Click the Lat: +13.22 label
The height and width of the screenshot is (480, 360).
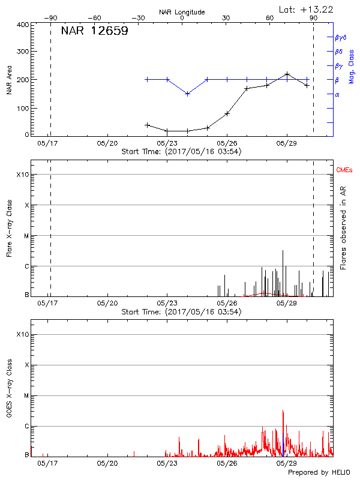[307, 9]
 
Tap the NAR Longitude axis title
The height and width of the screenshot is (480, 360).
[182, 12]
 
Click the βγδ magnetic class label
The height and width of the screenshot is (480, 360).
[340, 37]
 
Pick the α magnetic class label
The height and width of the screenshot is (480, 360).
[337, 94]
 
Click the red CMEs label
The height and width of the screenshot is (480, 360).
[344, 170]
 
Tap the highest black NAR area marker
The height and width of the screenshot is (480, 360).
[287, 74]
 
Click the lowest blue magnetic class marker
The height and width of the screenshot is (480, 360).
[187, 94]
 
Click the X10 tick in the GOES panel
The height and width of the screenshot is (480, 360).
[22, 334]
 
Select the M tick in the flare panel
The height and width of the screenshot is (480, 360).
[26, 236]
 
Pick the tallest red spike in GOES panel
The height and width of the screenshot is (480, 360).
[283, 411]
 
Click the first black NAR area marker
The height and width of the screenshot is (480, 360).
[148, 125]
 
